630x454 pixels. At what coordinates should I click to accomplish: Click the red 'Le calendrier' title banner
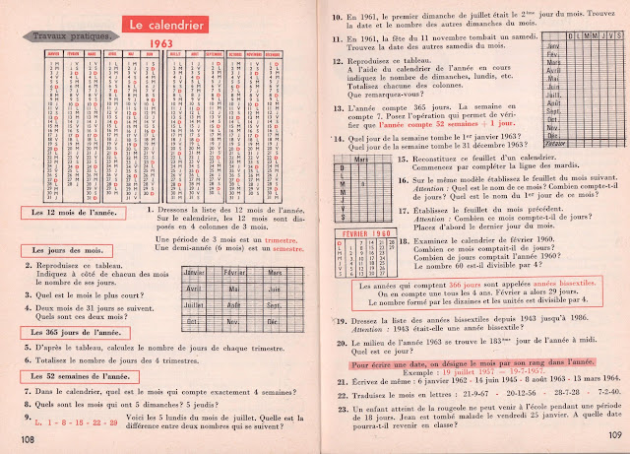point(164,22)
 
